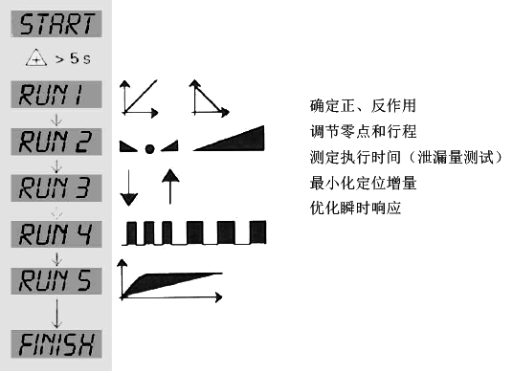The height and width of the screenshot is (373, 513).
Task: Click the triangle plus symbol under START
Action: click(x=36, y=59)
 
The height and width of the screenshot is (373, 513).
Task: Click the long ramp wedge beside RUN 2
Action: click(x=230, y=140)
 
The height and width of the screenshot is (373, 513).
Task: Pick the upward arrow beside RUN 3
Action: click(x=169, y=186)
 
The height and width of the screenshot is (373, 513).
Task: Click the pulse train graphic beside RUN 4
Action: click(x=197, y=232)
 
